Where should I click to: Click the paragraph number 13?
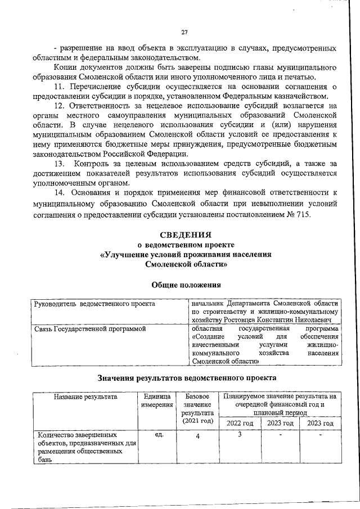60,163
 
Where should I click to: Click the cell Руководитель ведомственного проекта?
94,304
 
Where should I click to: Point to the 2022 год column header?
240,424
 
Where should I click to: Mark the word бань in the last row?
44,460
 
